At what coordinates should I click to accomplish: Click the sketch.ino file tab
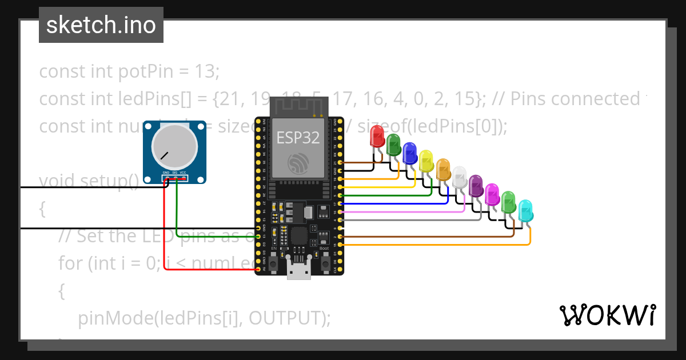[x=101, y=25]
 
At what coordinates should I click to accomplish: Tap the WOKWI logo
[x=607, y=315]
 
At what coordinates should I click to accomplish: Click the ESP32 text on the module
[x=298, y=138]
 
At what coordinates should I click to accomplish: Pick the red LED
[x=377, y=137]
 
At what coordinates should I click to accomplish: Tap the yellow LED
[x=426, y=161]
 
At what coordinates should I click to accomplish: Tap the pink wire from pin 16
[x=400, y=211]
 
